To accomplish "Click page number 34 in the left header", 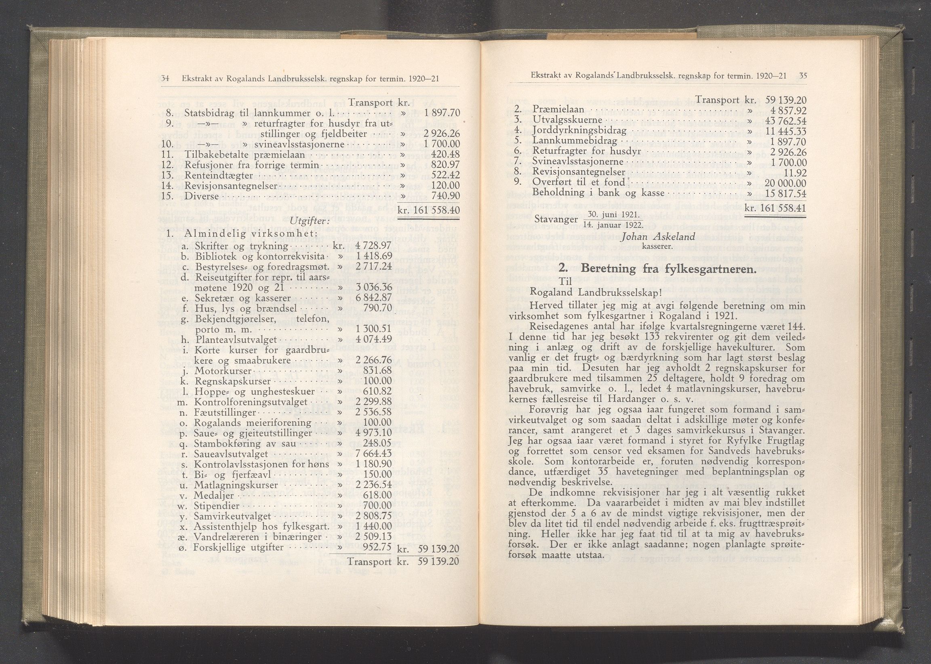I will (x=165, y=78).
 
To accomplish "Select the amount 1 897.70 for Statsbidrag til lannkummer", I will (x=442, y=112).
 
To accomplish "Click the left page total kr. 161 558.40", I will (x=429, y=210).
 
